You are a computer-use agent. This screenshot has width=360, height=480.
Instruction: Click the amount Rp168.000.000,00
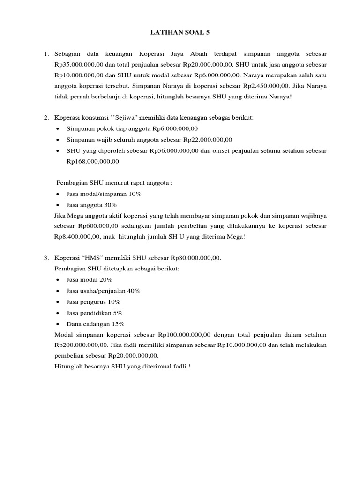coord(93,162)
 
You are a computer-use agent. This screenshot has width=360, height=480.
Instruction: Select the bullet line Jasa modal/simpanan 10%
coord(104,194)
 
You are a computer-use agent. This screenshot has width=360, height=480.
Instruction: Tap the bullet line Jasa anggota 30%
coord(92,205)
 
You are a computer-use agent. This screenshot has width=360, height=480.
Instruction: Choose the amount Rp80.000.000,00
coord(195,258)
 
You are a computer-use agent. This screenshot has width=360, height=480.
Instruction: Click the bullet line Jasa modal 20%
coord(90,279)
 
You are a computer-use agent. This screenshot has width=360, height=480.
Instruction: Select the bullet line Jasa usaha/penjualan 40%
coord(103,291)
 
